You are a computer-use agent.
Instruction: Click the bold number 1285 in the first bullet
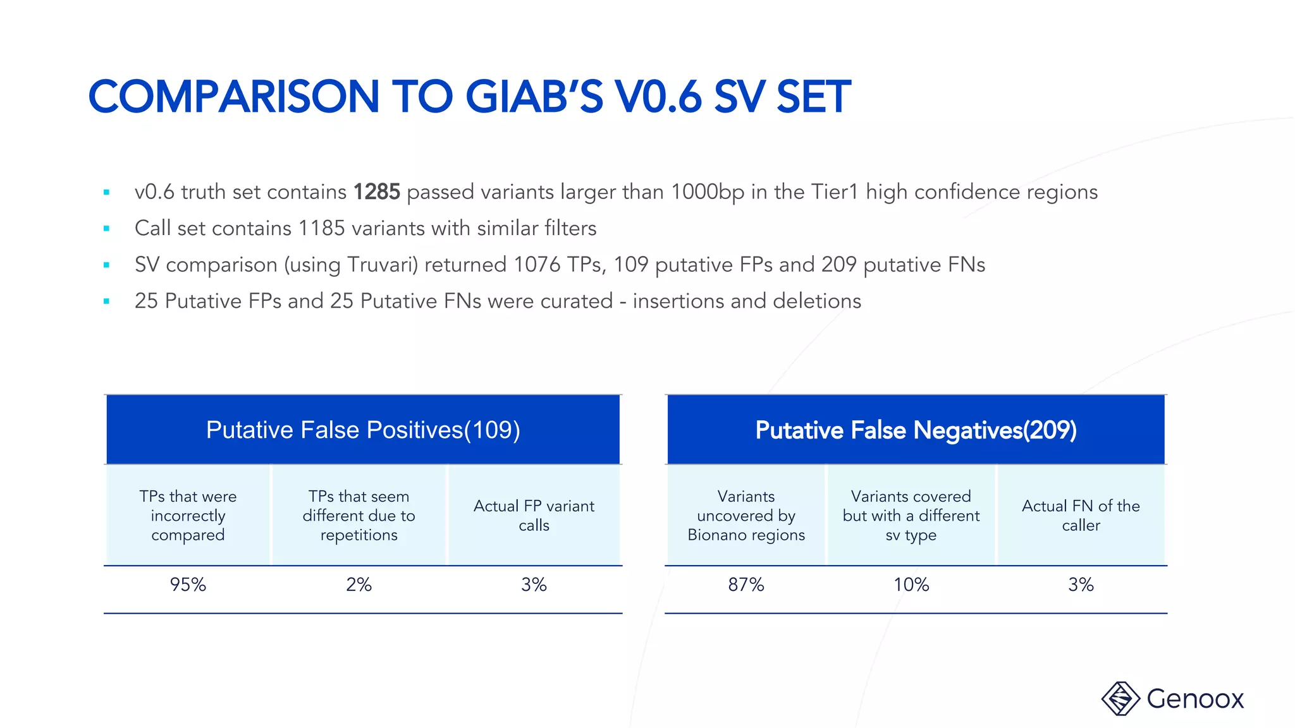click(376, 192)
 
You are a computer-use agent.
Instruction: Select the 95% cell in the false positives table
click(188, 585)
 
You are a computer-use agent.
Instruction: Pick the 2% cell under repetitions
click(359, 585)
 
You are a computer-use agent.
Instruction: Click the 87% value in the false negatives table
click(746, 585)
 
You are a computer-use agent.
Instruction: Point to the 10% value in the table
click(911, 585)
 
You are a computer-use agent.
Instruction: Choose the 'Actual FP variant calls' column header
click(534, 515)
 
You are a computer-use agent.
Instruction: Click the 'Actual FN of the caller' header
click(1081, 515)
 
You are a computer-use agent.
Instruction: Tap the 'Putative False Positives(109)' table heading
click(363, 430)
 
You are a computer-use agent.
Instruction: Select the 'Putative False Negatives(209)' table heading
click(916, 430)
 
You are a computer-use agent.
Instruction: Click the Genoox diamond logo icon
click(1120, 698)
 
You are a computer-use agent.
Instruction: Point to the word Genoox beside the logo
click(1195, 699)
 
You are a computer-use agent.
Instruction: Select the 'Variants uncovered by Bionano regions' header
click(746, 515)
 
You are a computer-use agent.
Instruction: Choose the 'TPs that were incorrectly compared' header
click(188, 515)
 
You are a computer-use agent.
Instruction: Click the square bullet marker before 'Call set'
click(107, 229)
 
